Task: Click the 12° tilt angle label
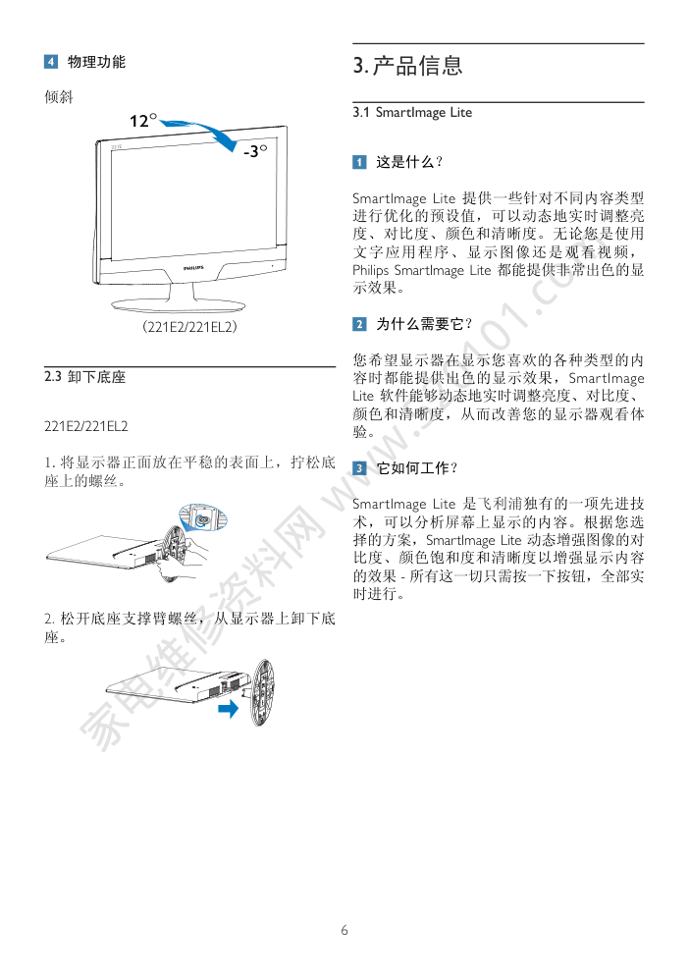point(143,120)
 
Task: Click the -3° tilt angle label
point(255,150)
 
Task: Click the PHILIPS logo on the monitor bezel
point(193,268)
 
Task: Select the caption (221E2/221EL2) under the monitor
point(189,326)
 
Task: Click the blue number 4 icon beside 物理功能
point(51,62)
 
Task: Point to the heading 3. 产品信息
point(407,65)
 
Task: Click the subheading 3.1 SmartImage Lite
point(412,113)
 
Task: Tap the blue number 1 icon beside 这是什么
point(359,162)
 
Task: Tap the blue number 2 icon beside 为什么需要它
point(359,324)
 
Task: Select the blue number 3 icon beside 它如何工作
point(359,468)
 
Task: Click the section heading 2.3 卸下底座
point(84,377)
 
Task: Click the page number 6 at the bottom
point(344,930)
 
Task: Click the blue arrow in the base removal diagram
point(229,708)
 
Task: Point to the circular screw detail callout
point(203,517)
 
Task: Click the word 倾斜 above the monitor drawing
point(59,97)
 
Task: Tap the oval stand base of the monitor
point(178,304)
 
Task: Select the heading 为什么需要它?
point(424,324)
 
